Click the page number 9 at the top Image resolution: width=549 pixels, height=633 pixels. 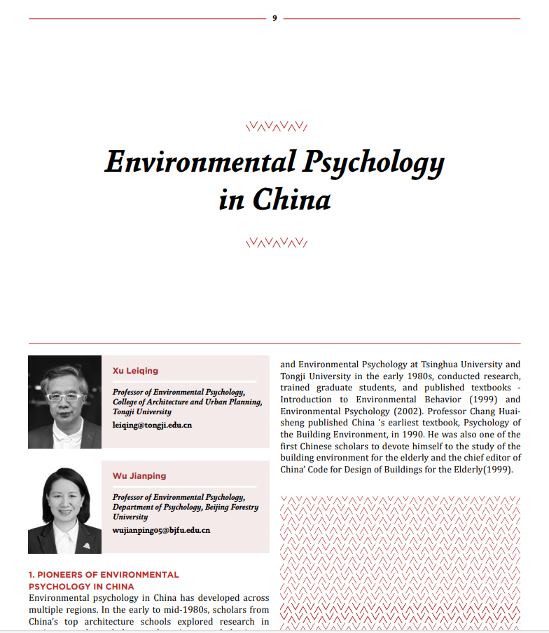[x=274, y=18]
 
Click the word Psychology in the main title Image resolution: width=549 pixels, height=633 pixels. [x=374, y=163]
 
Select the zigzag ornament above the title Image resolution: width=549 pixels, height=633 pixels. [x=276, y=127]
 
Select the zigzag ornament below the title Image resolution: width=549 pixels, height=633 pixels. [x=276, y=243]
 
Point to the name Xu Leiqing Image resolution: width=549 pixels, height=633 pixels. [x=135, y=371]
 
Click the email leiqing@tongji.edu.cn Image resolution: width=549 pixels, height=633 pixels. [x=152, y=425]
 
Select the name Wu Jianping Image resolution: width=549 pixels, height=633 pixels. [x=139, y=476]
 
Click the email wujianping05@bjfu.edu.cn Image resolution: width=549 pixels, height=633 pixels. [x=161, y=530]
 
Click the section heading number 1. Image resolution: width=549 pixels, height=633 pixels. [x=32, y=575]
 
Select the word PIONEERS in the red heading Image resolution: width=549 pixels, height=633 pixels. [x=64, y=575]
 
